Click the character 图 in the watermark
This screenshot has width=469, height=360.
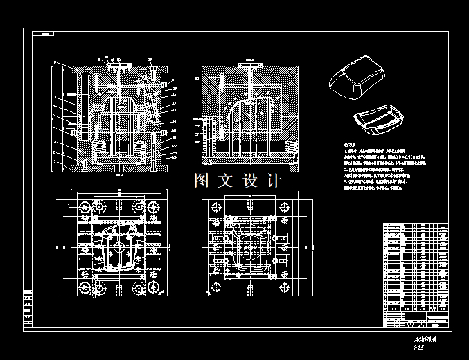click(202, 181)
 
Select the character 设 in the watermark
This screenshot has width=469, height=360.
click(250, 181)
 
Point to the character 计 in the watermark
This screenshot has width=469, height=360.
click(274, 181)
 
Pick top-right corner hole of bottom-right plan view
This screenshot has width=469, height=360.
click(285, 208)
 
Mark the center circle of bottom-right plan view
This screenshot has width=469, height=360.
click(249, 246)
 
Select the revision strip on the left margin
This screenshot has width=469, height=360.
click(28, 308)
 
